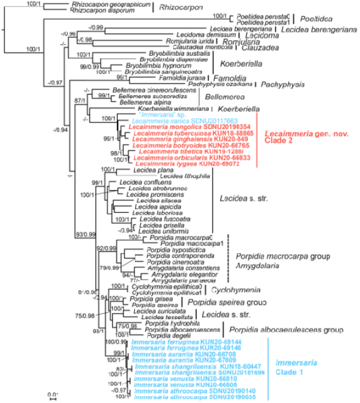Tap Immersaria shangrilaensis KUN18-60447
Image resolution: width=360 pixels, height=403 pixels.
pos(178,366)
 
